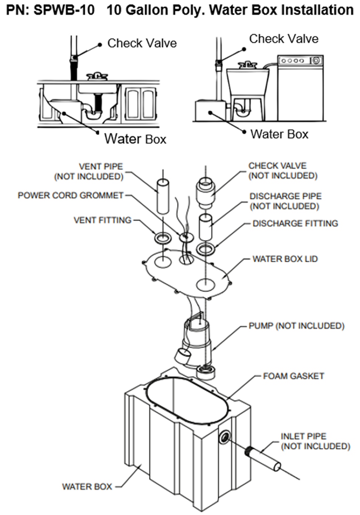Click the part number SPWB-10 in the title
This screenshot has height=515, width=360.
tap(64, 10)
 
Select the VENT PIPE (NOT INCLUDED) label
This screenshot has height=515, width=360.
tap(89, 171)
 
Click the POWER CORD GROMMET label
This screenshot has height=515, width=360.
tap(70, 195)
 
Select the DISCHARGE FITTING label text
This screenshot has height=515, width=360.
tap(295, 223)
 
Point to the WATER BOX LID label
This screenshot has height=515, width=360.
tap(285, 259)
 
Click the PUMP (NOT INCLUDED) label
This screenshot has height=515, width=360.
tap(296, 326)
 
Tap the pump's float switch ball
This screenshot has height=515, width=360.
tap(182, 356)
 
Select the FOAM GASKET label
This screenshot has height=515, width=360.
tap(293, 376)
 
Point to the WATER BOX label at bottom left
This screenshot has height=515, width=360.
tap(87, 486)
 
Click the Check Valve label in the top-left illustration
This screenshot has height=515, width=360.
tap(142, 43)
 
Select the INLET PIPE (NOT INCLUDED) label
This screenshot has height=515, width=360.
tap(315, 441)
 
